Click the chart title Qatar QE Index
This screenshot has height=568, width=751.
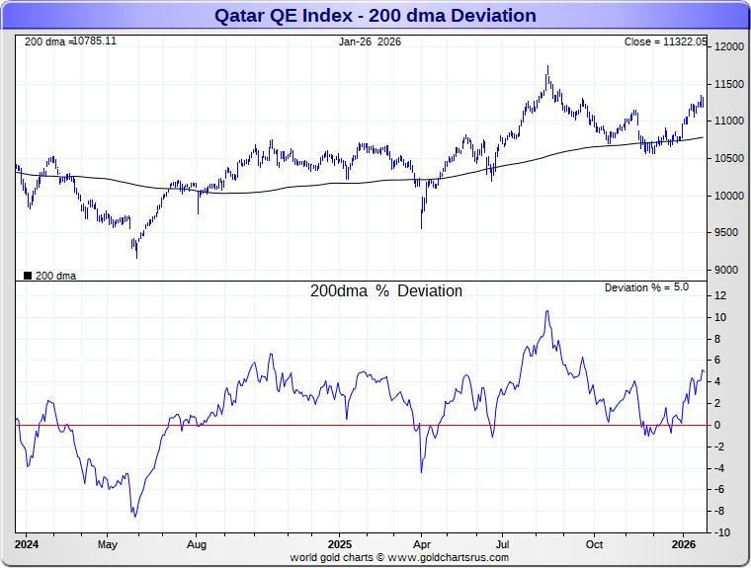pos(375,16)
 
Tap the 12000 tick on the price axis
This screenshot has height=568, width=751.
pos(729,47)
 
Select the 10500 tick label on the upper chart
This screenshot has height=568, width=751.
pos(729,158)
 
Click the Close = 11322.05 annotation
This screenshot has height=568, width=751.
pos(666,41)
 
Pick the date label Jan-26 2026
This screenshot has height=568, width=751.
pos(371,41)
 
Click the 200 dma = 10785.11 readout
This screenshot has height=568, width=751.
pos(70,41)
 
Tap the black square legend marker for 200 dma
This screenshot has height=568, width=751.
pos(27,276)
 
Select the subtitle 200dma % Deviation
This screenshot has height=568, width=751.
pos(386,291)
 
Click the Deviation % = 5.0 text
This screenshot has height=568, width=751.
pos(646,287)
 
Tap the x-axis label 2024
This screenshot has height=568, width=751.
pos(27,544)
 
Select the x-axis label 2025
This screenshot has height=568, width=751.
pos(340,544)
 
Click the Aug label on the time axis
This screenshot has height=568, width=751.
pos(197,544)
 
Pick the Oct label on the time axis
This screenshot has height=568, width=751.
pos(595,544)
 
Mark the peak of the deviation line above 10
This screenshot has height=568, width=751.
pos(546,311)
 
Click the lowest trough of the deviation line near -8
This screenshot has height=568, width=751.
pos(134,516)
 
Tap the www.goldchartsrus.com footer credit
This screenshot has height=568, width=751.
pos(450,557)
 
